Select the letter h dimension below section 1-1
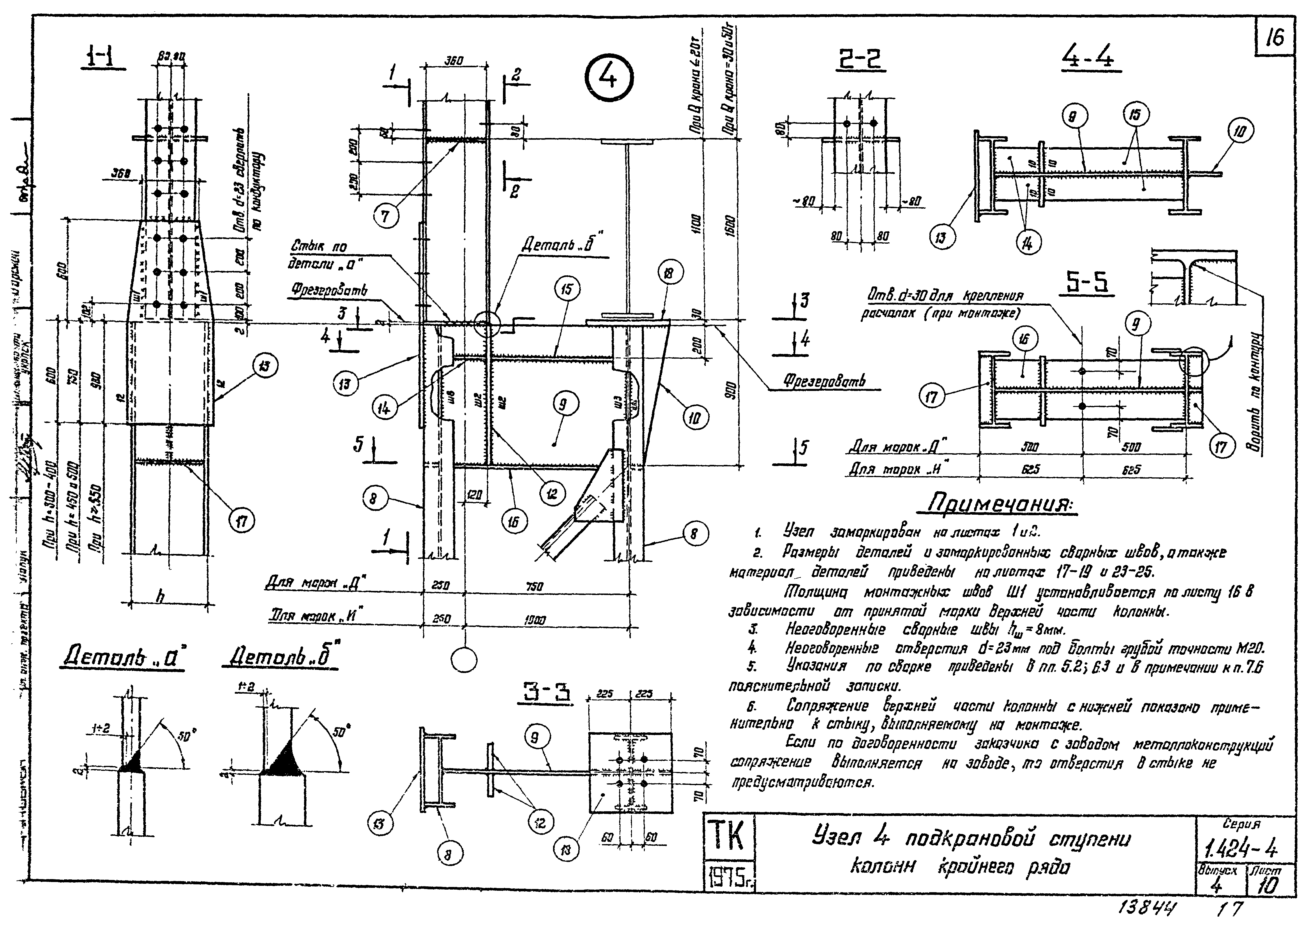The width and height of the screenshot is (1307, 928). coord(161,596)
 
